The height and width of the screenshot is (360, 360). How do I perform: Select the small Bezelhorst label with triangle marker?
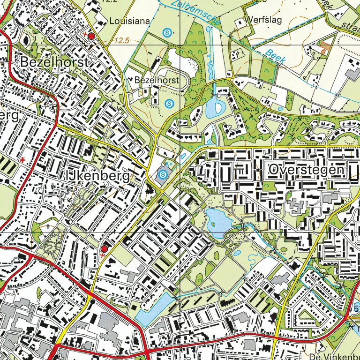coord(156,81)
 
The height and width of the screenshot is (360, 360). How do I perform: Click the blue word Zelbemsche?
coord(189,11)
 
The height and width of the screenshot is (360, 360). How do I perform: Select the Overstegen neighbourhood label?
coord(307,171)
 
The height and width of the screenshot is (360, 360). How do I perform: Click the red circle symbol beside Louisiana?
coord(91,36)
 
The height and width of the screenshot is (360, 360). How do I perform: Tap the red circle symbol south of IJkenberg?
coord(104,248)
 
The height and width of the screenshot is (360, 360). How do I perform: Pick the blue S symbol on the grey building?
coord(162,175)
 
